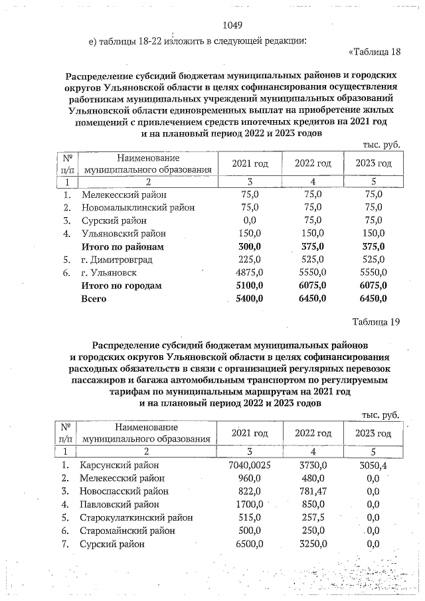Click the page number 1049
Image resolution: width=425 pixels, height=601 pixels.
point(232,26)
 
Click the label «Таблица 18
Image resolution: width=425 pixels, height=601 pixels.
point(375,52)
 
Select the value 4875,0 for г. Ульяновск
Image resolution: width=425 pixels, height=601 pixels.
point(249,272)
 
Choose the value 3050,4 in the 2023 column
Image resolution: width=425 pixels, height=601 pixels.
point(373,465)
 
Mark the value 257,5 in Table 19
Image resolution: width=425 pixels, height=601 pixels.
point(312,518)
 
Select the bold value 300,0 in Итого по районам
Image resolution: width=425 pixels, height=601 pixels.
point(249,246)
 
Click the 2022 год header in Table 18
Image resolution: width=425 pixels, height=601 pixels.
point(313,163)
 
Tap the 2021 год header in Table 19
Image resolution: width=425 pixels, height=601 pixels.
point(249,433)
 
